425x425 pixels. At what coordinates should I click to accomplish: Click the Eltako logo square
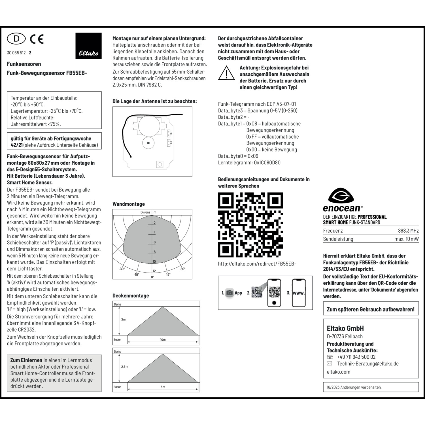pos(88,46)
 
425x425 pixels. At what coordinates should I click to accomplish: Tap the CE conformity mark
pos(37,39)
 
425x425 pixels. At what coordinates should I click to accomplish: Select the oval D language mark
pos(16,39)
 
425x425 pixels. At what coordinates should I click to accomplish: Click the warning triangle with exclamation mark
pos(226,73)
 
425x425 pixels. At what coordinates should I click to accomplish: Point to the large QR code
pos(250,225)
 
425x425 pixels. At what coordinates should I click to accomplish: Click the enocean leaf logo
pos(341,196)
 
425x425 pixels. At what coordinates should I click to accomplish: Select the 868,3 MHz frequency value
pos(408,231)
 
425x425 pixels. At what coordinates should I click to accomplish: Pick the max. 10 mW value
pos(406,239)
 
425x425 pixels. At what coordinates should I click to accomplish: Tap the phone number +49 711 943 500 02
pos(356,357)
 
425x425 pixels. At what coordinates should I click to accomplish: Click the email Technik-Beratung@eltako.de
pos(368,364)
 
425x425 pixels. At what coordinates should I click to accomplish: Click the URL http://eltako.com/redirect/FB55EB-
pos(257,264)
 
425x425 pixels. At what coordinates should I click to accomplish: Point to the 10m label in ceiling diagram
pos(163,340)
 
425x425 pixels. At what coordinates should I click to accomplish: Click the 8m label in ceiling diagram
pos(163,387)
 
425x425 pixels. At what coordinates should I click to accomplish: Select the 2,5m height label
pos(125,367)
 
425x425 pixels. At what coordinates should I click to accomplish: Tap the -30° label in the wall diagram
pos(122,269)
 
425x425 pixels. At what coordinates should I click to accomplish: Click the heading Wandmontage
pos(129,204)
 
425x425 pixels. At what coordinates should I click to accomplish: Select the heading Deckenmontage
pos(131,296)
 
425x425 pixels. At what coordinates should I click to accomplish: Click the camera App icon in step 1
pos(229,293)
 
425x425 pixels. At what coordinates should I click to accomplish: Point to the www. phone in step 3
pos(299,293)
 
